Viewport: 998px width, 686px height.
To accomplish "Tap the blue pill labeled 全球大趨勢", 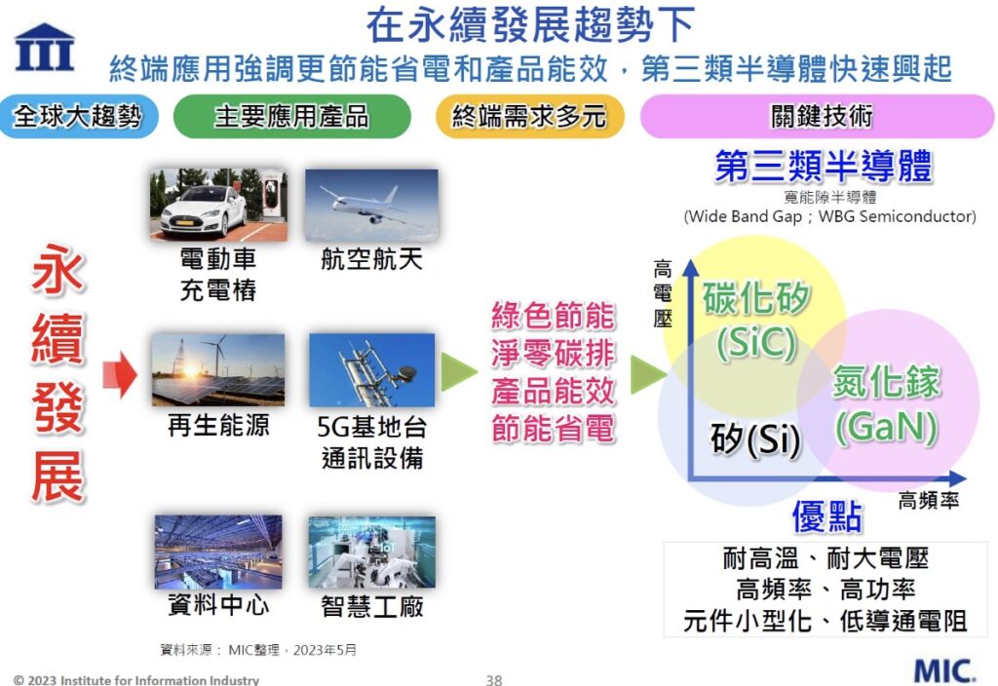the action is [x=78, y=117].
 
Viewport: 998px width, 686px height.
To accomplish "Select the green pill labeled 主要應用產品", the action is [x=292, y=117].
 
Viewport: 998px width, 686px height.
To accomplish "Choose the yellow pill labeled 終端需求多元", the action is [x=529, y=117].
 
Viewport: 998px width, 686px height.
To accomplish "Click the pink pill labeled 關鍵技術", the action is [x=818, y=117].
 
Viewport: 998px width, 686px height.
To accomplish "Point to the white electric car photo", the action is [x=218, y=204].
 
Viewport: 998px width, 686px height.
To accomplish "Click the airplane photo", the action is [x=371, y=205].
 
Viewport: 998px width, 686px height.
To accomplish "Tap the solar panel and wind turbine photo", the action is [x=218, y=369].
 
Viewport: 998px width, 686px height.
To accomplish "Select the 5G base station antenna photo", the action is [x=372, y=369].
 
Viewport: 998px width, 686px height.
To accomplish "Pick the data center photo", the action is [x=218, y=552].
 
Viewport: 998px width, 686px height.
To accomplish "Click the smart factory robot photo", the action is [x=372, y=552].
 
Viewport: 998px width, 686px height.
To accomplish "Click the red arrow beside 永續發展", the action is [x=120, y=374].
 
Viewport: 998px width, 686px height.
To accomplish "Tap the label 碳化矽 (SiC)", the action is [x=756, y=320].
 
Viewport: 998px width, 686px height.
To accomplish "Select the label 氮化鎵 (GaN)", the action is [x=887, y=404].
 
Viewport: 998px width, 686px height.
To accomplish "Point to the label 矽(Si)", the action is [x=755, y=438].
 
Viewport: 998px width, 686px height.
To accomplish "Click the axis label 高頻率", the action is [x=928, y=501].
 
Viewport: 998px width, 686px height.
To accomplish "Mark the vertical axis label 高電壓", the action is [x=663, y=293].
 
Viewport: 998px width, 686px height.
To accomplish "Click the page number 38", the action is [x=494, y=679].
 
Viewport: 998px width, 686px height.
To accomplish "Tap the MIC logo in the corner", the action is [x=943, y=670].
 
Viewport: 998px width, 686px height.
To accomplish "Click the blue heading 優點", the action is [x=826, y=515].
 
